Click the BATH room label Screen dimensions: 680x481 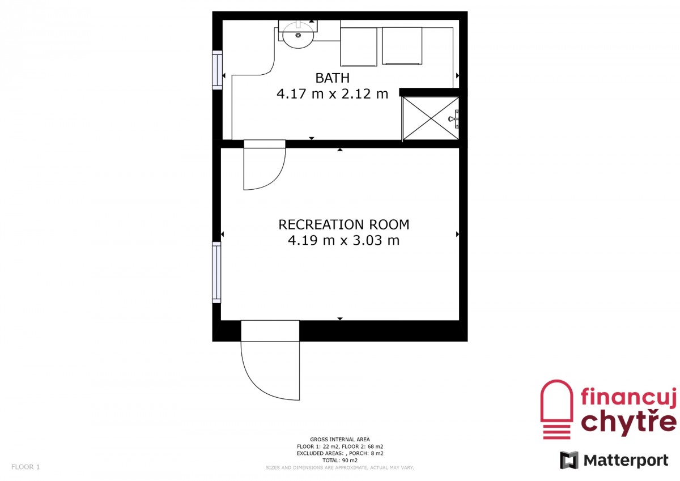(x=333, y=78)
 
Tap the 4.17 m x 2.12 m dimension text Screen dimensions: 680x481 (x=333, y=94)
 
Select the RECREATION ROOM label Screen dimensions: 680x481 (x=343, y=224)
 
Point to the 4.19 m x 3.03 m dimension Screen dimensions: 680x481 (x=343, y=240)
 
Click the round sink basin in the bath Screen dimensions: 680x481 (x=298, y=35)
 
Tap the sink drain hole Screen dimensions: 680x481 (x=298, y=36)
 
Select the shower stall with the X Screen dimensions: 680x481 (x=431, y=118)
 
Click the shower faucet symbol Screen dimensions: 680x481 (x=454, y=118)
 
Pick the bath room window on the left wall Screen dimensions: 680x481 (x=218, y=70)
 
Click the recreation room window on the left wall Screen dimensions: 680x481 (x=216, y=272)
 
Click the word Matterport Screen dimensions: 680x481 (x=626, y=461)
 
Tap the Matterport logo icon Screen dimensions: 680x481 (x=569, y=460)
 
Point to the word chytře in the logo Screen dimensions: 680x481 (x=628, y=423)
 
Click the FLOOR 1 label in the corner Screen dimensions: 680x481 (x=25, y=467)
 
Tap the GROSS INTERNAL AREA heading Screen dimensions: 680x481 (x=340, y=439)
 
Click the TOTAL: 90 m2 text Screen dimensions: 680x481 (x=340, y=460)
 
